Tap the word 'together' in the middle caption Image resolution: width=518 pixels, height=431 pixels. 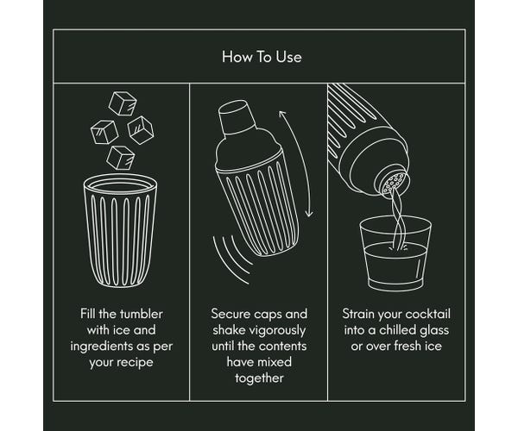[260, 378]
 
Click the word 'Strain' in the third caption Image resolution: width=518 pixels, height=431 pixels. [359, 314]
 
